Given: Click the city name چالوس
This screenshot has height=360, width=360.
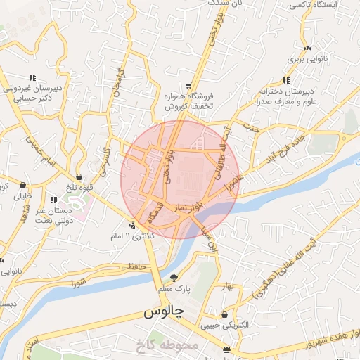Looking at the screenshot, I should (x=164, y=311).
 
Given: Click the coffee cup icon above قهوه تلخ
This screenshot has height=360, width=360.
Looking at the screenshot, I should (x=79, y=177).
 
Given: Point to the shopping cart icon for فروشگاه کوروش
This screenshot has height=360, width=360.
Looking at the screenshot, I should (x=188, y=82).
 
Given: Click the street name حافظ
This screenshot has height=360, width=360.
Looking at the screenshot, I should (x=136, y=266).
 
